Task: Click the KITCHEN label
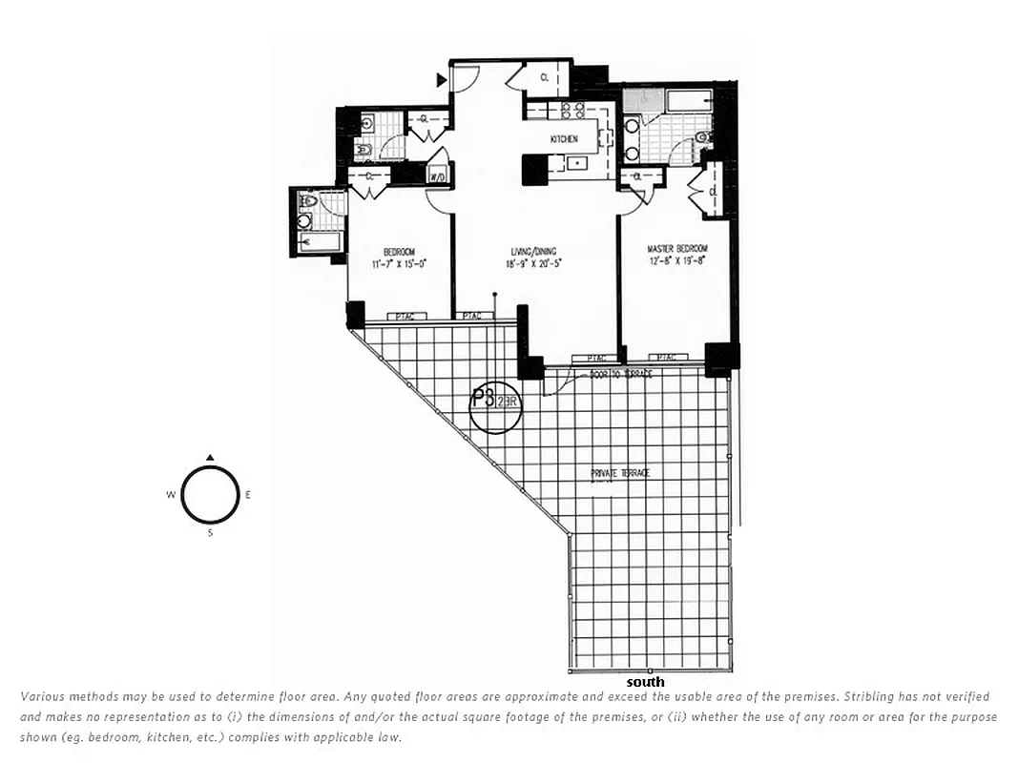[564, 139]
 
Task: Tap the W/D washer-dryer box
[438, 176]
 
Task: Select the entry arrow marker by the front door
[442, 80]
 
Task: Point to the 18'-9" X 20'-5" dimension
[532, 263]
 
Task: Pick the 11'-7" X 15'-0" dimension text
[398, 263]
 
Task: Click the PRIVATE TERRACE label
[613, 474]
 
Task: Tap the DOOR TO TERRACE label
[620, 375]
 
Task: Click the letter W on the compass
[170, 494]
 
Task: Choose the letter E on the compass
[249, 494]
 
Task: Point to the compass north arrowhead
[210, 457]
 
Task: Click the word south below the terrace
[645, 682]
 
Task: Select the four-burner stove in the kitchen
[571, 110]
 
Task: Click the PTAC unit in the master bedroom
[669, 358]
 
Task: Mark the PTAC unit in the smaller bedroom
[400, 316]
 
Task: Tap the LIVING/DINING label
[532, 252]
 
